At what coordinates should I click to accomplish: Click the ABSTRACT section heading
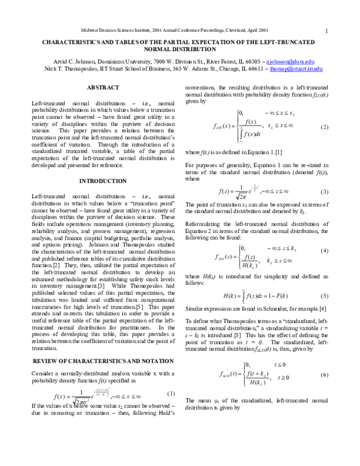click(x=103, y=88)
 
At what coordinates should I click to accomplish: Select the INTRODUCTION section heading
click(x=103, y=181)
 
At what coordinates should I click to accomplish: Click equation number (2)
click(x=325, y=127)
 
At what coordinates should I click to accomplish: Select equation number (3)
click(x=325, y=192)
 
